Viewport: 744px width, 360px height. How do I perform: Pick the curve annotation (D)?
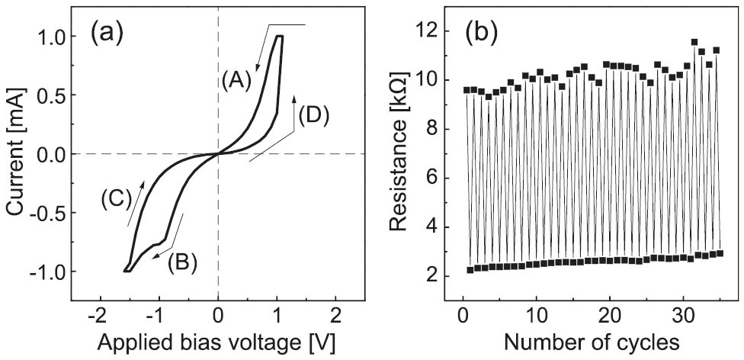tap(315, 116)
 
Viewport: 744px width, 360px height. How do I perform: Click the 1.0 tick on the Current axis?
tap(54, 36)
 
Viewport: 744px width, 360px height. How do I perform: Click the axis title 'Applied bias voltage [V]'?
tap(218, 339)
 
